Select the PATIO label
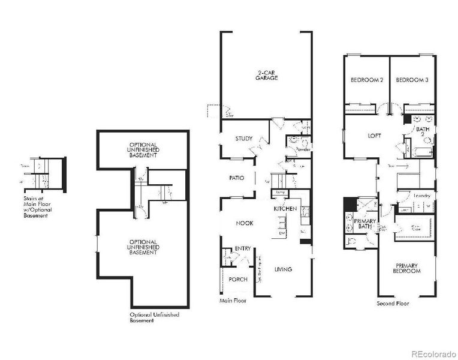point(236,178)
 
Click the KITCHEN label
point(285,208)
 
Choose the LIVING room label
point(283,269)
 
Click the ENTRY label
point(243,248)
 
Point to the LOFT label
point(374,136)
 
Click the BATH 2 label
point(423,132)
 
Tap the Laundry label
point(421,196)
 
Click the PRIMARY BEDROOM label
point(406,268)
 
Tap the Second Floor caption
point(393,304)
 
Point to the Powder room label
point(303,149)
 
